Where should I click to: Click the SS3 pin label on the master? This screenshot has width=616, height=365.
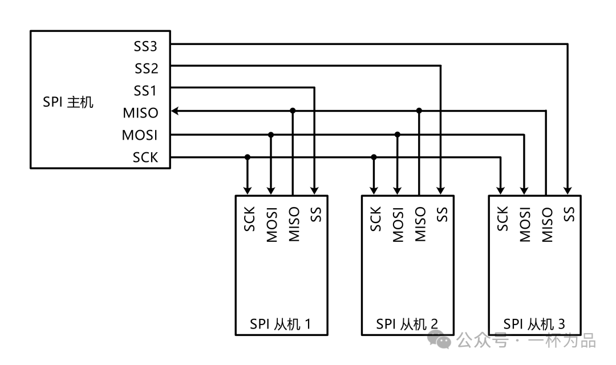point(145,46)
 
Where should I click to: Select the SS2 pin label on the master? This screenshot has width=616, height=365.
point(145,68)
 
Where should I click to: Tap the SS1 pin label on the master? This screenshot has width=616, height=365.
point(145,91)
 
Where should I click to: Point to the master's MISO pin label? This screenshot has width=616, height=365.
point(140,113)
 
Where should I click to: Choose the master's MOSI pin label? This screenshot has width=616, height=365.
point(140,136)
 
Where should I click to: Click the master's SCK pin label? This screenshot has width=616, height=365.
point(145,158)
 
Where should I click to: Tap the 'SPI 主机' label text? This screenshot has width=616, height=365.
point(68,103)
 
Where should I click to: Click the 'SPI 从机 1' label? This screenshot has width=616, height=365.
point(281,324)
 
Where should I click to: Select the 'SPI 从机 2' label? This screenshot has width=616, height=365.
point(407,324)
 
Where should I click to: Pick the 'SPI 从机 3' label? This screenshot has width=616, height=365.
point(534,324)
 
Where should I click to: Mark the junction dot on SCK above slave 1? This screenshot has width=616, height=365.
point(248,157)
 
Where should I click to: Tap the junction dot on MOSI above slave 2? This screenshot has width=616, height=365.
point(398,135)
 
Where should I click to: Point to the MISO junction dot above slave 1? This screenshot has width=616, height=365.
point(293,111)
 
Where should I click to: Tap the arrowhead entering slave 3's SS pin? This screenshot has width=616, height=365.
point(568,190)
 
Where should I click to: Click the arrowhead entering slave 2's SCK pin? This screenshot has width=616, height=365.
point(374,190)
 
